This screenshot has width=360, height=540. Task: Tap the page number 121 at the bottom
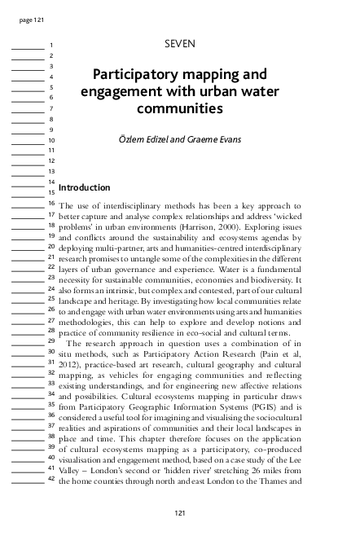pyautogui.click(x=180, y=512)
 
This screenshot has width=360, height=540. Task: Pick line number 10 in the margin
pyautogui.click(x=50, y=140)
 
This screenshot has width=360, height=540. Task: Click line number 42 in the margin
pyautogui.click(x=50, y=478)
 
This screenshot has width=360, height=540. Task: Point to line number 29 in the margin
pyautogui.click(x=50, y=340)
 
